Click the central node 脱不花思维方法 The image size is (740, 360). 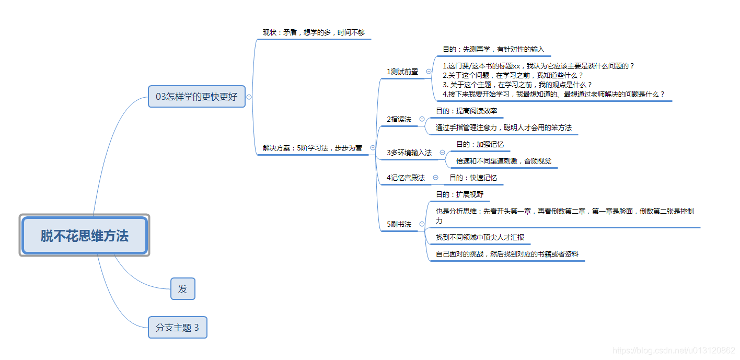click(85, 236)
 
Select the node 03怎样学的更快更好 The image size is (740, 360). click(196, 97)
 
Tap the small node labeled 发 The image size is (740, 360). click(182, 289)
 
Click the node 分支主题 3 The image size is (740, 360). click(177, 328)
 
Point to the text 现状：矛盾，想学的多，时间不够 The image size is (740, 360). click(314, 32)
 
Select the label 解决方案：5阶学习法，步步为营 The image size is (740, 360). click(312, 148)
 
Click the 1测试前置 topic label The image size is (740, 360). click(402, 72)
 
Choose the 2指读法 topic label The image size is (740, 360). click(399, 119)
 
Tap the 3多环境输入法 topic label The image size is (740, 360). click(409, 153)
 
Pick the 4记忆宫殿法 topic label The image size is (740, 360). click(406, 178)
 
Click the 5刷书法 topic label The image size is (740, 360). click(399, 224)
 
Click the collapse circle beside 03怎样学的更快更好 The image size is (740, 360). click(249, 97)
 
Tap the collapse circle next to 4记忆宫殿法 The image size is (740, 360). click(435, 178)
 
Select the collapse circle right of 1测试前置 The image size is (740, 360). click(429, 72)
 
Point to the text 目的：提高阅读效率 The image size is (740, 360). click(466, 111)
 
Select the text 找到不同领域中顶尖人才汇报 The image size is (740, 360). click(480, 237)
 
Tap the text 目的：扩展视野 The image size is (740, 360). click(459, 194)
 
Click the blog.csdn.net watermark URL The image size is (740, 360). click(674, 351)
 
